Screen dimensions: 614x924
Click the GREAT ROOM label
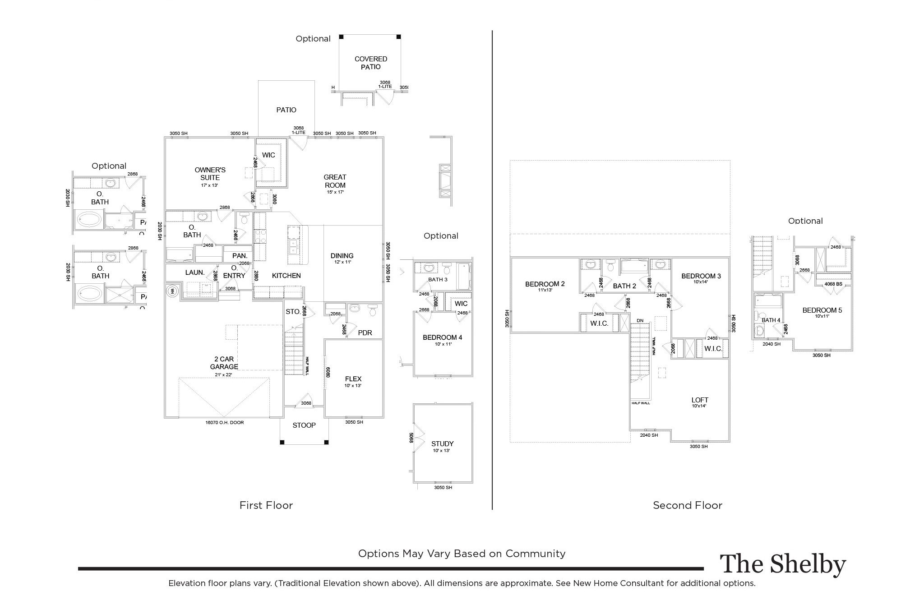point(335,181)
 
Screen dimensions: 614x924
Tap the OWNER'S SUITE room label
point(210,174)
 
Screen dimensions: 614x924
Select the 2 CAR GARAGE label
point(224,363)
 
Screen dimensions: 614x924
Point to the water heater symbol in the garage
point(172,291)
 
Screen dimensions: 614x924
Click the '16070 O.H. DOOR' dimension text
point(224,423)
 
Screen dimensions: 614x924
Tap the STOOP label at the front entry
point(304,425)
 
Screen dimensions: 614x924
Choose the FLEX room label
point(353,379)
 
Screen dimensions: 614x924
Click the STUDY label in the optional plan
point(442,443)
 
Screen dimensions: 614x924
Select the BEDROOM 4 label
point(442,337)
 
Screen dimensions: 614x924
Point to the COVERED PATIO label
point(371,63)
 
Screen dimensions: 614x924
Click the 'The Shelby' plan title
point(782,564)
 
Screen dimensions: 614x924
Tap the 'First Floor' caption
point(266,505)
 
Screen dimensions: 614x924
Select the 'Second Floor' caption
point(688,505)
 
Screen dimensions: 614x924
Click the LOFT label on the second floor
point(700,400)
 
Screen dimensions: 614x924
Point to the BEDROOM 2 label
point(545,284)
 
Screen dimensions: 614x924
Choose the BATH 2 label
point(624,286)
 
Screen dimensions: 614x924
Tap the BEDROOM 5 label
point(822,310)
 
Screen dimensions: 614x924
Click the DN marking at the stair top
point(640,320)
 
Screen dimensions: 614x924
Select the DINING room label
point(342,255)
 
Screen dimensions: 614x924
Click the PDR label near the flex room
point(365,333)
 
